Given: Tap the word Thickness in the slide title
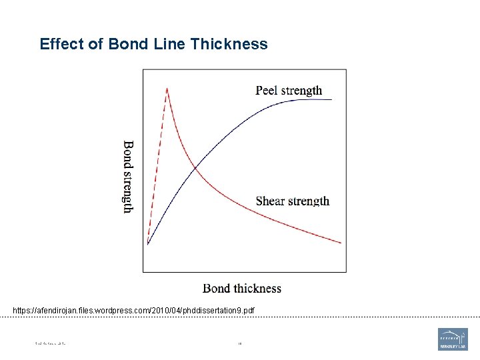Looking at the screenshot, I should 229,45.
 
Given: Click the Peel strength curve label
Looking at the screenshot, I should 289,91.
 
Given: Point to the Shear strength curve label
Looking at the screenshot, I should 293,201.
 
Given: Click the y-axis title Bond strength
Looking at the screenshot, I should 128,177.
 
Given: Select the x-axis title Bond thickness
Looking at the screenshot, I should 242,289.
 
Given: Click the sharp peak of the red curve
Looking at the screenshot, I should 167,88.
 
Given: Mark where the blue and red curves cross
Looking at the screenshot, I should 194,169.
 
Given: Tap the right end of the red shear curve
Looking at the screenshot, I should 341,243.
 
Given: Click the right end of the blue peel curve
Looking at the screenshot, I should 331,99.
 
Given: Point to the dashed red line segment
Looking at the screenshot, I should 157,167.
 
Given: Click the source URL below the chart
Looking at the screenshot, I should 133,311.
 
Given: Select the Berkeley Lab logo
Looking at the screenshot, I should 453,339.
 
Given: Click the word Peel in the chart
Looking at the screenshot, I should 266,91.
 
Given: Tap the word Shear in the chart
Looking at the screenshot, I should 269,201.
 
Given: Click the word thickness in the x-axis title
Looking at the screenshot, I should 257,289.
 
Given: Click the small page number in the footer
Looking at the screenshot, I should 239,344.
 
